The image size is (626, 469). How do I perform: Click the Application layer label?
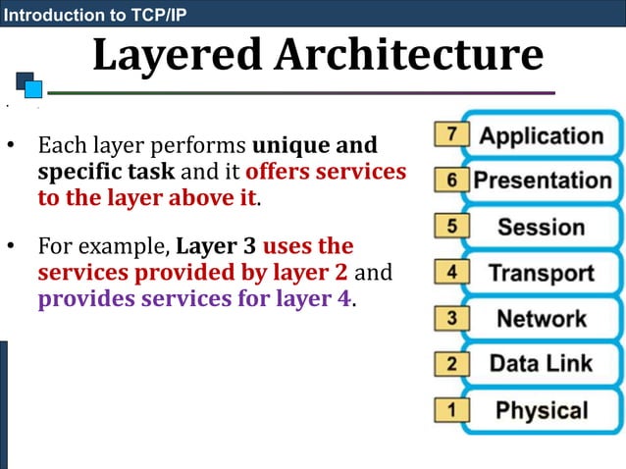click(x=541, y=135)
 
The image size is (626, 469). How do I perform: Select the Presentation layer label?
click(x=542, y=181)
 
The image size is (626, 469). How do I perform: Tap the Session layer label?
click(x=542, y=227)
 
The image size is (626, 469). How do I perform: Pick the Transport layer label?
click(x=542, y=273)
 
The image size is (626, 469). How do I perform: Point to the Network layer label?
click(x=542, y=318)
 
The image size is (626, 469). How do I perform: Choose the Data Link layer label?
click(x=542, y=364)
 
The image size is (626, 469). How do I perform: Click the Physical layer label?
click(x=542, y=410)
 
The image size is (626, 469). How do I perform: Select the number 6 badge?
click(x=451, y=181)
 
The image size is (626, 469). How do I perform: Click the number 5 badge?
click(x=451, y=227)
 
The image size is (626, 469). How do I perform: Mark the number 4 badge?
click(x=451, y=273)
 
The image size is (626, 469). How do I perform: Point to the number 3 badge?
click(x=451, y=318)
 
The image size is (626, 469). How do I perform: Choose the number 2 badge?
click(x=451, y=364)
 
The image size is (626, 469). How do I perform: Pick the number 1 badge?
click(x=451, y=410)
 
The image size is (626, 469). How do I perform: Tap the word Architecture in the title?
click(x=408, y=56)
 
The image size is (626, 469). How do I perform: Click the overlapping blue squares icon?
click(x=29, y=84)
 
